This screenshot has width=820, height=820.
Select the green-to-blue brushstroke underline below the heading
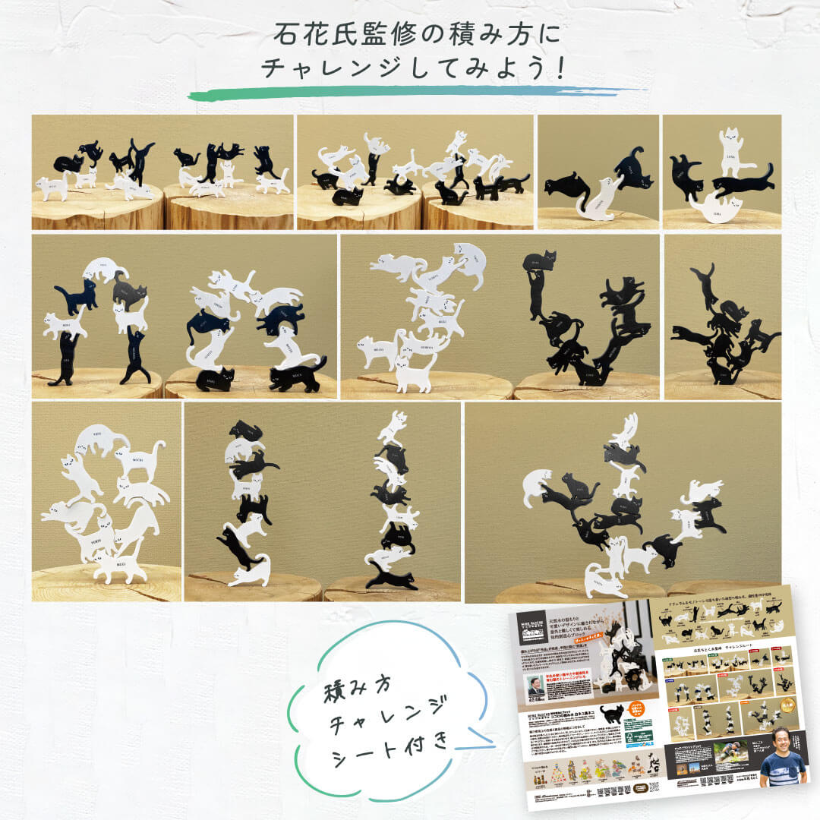pos(410,93)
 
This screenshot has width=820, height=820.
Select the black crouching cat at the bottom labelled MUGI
pos(216,377)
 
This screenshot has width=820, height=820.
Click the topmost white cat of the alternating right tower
pos(393,427)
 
